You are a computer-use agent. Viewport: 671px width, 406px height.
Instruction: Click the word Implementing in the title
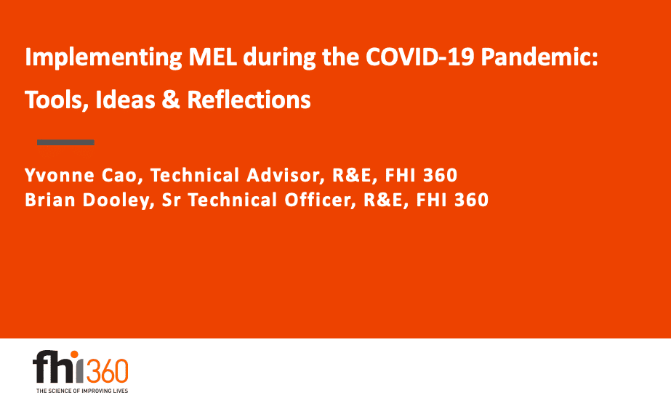point(103,57)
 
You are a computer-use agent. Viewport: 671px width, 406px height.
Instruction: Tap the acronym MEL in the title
point(213,57)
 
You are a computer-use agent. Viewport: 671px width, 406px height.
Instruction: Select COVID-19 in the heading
point(419,57)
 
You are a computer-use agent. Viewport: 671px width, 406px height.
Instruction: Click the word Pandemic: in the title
point(539,57)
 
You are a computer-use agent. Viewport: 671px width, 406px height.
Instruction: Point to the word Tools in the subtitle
point(57,100)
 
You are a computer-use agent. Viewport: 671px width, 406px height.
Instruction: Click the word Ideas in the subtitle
point(125,100)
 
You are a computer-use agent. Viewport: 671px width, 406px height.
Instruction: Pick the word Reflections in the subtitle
point(249,100)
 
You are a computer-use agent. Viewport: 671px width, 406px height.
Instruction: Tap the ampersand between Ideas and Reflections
point(171,100)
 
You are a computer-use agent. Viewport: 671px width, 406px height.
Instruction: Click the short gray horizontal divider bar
point(65,142)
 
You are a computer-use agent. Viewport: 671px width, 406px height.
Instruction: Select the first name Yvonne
point(60,175)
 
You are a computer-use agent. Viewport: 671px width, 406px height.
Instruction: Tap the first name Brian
point(50,200)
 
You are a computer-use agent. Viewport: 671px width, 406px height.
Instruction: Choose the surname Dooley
point(118,200)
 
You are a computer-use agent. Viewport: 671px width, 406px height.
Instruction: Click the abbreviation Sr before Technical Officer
point(171,200)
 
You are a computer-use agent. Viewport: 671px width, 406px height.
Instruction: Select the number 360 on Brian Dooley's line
point(471,200)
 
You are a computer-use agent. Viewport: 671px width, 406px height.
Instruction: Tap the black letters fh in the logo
point(52,367)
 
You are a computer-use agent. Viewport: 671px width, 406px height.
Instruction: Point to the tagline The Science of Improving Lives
point(82,391)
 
